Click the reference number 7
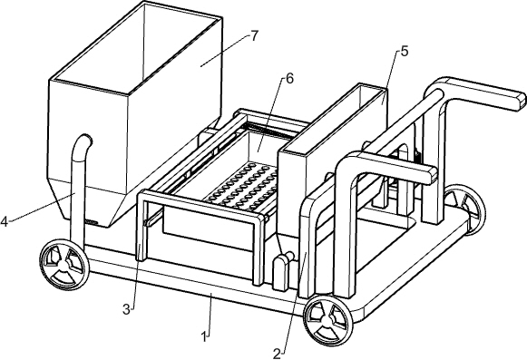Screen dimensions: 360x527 255,35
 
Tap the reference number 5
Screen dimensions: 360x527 403,52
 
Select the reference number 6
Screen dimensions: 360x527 288,79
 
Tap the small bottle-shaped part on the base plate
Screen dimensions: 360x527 281,270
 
